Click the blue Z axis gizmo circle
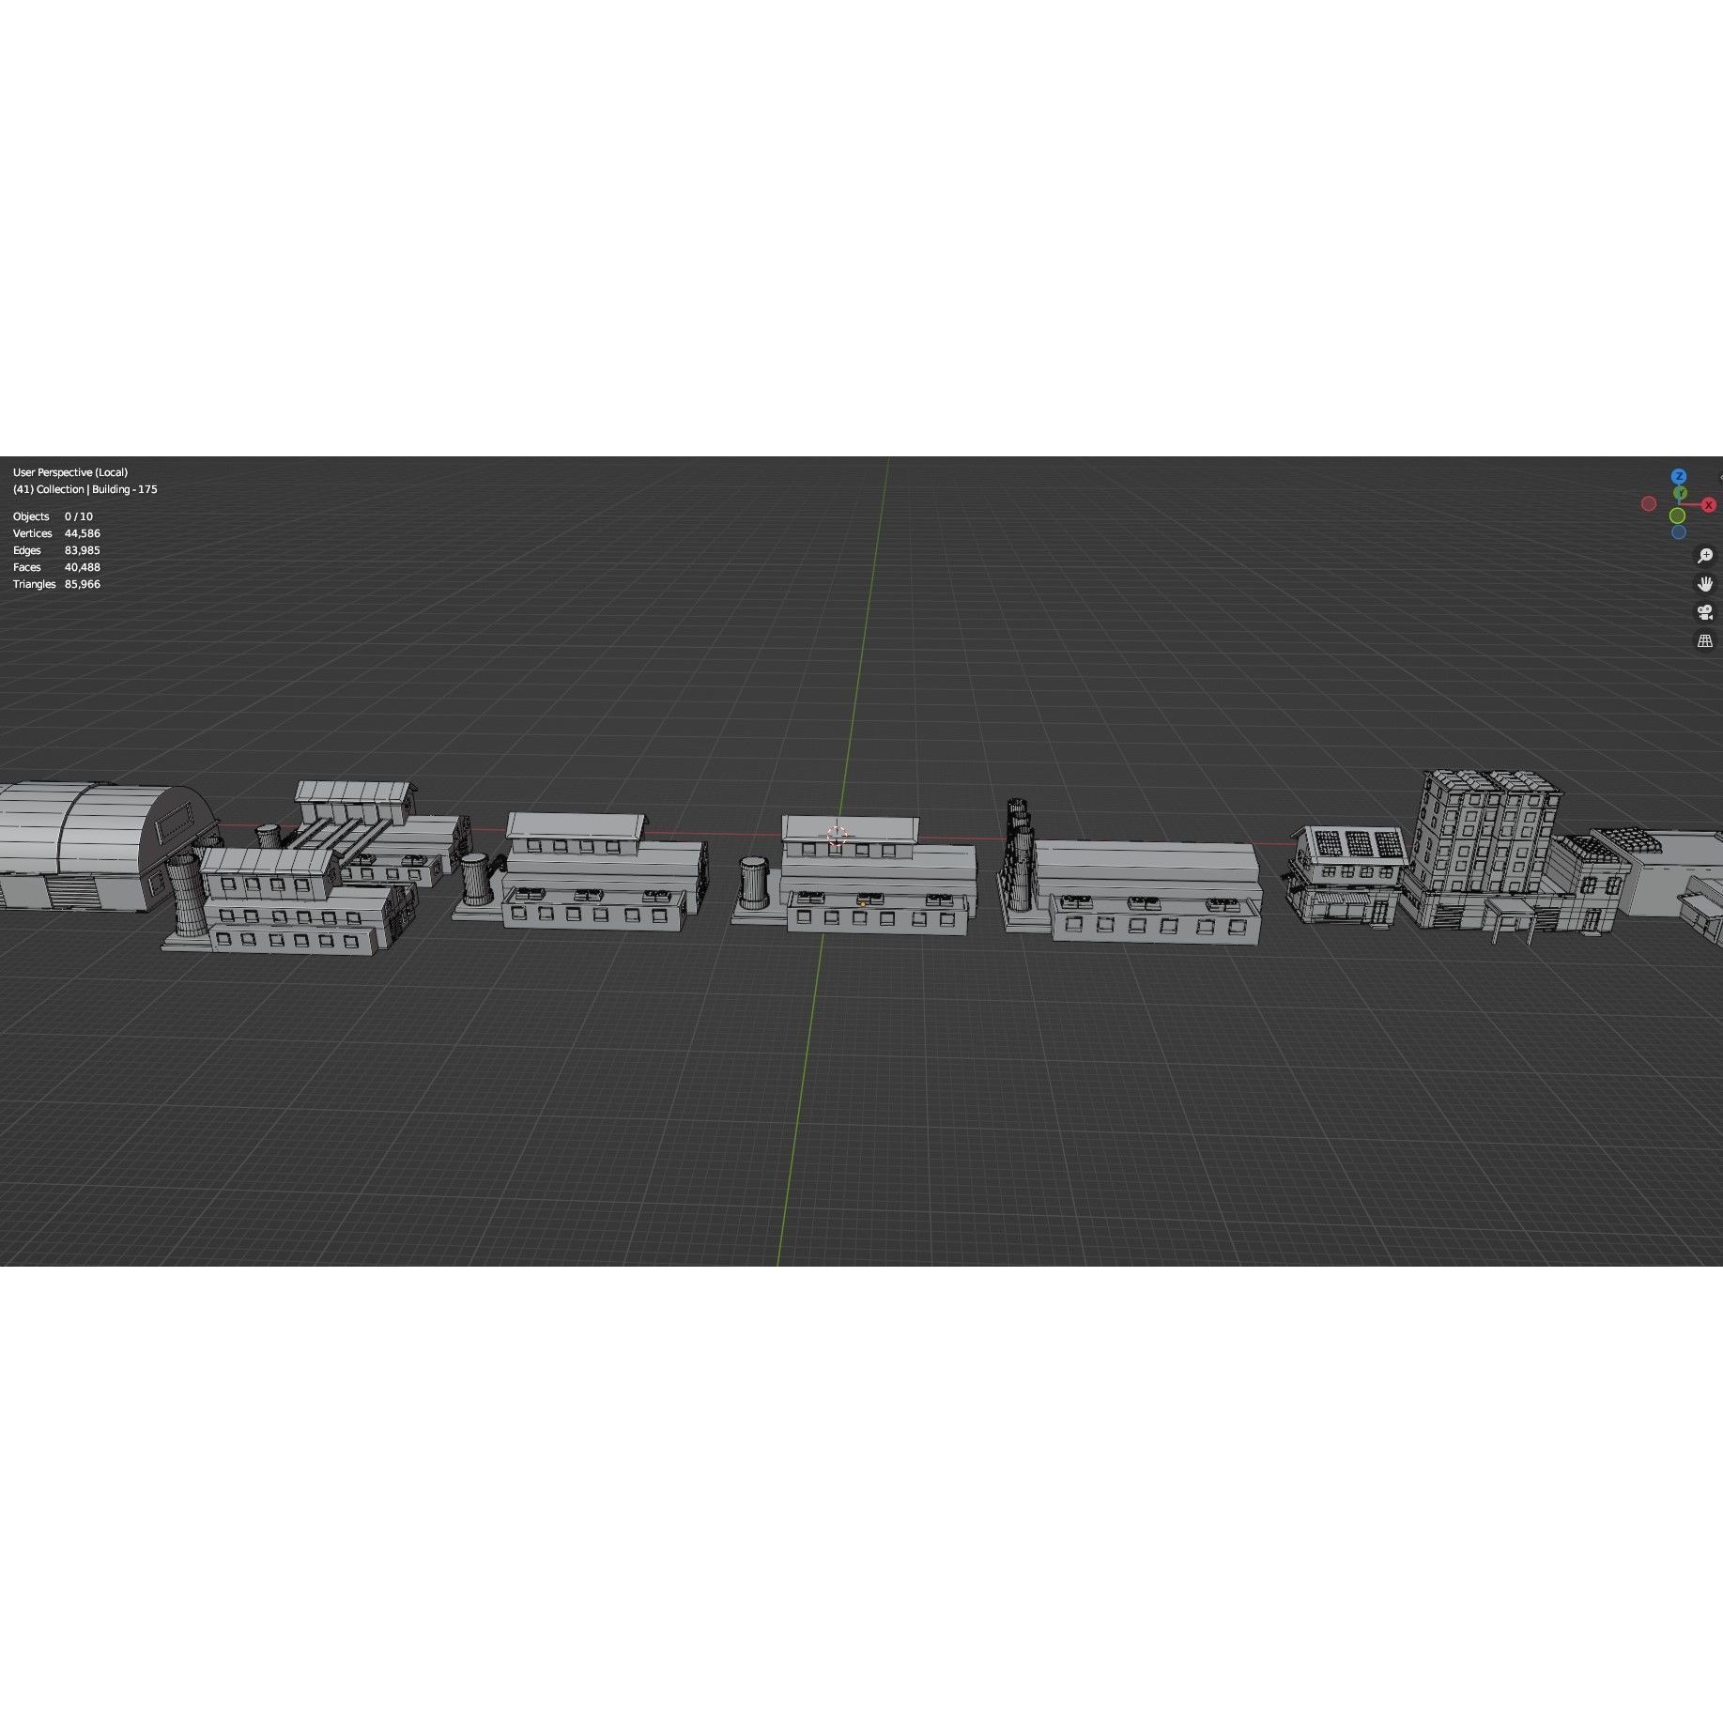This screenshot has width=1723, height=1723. click(1679, 477)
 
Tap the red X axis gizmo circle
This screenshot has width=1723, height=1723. click(1709, 505)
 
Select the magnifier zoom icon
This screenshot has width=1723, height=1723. click(1705, 556)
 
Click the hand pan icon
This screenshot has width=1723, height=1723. click(1705, 584)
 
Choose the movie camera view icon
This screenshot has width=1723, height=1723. click(1705, 612)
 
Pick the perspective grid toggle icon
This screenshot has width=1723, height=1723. click(1705, 641)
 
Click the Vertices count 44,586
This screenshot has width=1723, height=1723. click(82, 533)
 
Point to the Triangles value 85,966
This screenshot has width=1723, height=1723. click(82, 584)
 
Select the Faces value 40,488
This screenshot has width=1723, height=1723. click(82, 567)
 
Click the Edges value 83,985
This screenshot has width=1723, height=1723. click(82, 550)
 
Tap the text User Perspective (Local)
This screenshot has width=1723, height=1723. click(70, 472)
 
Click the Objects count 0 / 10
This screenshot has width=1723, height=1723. click(79, 516)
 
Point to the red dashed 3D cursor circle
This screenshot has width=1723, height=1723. click(837, 836)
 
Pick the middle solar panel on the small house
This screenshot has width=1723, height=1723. click(1358, 843)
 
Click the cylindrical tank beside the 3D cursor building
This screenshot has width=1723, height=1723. click(754, 883)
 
